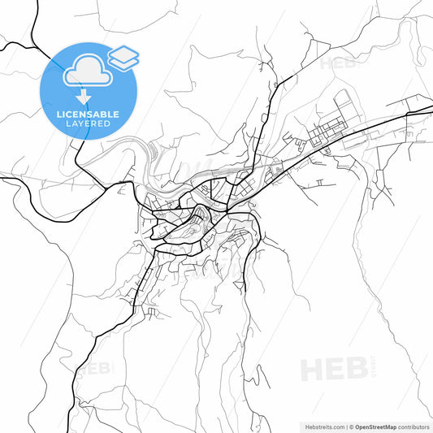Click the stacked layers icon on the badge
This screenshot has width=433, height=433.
pyautogui.click(x=123, y=57)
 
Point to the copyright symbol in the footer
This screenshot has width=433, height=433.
pyautogui.click(x=351, y=426)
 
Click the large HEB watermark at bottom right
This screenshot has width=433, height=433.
pyautogui.click(x=333, y=370)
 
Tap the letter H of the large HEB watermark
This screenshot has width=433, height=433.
pyautogui.click(x=312, y=370)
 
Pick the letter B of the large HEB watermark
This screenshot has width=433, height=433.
pyautogui.click(x=354, y=370)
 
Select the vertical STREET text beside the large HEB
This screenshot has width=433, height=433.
pyautogui.click(x=372, y=364)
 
